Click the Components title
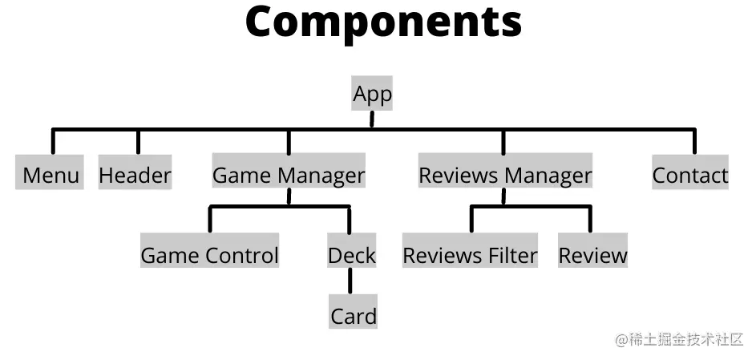tap(383, 23)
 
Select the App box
tap(372, 94)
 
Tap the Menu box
tap(50, 175)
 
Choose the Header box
tap(135, 175)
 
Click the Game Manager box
tap(289, 175)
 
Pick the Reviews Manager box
tap(505, 175)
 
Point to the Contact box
tap(690, 175)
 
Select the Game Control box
tap(210, 255)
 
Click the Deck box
tap(352, 255)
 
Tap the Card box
tap(354, 315)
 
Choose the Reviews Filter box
tap(470, 255)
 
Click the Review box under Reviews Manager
tap(593, 255)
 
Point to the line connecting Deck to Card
tap(350, 282)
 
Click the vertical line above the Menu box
tap(53, 141)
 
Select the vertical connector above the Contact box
tap(694, 141)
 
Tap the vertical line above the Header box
tap(138, 141)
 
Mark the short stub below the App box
tap(372, 119)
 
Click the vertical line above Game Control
tap(210, 220)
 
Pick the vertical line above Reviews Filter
tap(471, 220)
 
